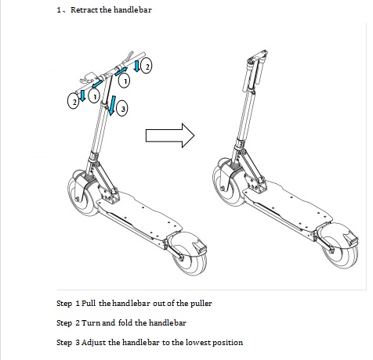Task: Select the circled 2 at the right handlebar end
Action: click(x=147, y=67)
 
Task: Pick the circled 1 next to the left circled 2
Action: click(x=92, y=96)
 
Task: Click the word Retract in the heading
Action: click(x=87, y=10)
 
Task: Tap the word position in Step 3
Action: click(x=228, y=342)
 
